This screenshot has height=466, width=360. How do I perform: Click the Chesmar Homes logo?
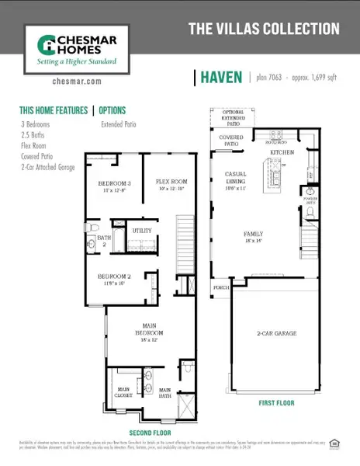click(x=71, y=48)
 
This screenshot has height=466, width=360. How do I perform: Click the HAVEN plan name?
click(x=221, y=77)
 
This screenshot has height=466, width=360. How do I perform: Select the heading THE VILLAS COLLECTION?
click(x=264, y=29)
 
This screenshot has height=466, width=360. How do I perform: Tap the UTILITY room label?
click(x=141, y=231)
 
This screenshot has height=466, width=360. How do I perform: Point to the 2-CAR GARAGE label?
click(x=276, y=332)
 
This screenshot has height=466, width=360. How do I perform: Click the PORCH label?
click(x=221, y=287)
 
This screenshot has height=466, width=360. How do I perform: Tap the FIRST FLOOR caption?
click(x=276, y=404)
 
